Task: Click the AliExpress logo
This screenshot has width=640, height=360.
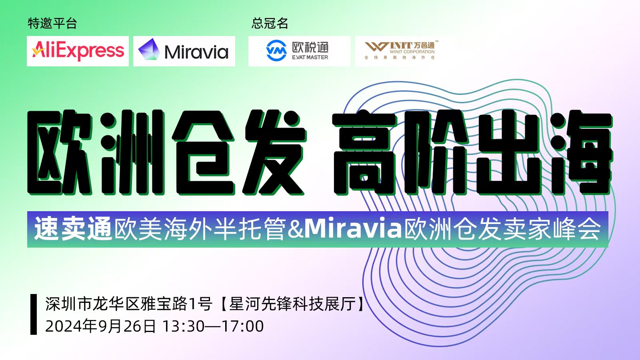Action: [x=78, y=51]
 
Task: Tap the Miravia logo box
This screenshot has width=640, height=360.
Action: [x=184, y=51]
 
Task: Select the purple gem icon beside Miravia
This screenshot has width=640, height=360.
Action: [x=149, y=50]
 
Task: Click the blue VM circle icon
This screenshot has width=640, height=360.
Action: [x=276, y=50]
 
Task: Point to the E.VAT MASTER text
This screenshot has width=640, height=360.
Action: [x=310, y=58]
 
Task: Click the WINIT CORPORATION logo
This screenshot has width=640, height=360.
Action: [x=400, y=50]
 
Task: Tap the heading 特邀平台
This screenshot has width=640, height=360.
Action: [x=52, y=23]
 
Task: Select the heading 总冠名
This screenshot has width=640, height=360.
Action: [x=270, y=23]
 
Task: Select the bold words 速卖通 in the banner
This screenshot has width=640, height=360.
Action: [x=73, y=229]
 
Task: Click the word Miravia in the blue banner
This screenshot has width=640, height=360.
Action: [x=354, y=228]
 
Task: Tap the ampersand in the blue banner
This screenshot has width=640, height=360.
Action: [x=296, y=229]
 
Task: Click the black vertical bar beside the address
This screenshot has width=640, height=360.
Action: [x=34, y=314]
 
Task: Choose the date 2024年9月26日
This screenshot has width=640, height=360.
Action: [x=100, y=326]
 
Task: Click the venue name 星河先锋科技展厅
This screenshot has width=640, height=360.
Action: [x=293, y=304]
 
